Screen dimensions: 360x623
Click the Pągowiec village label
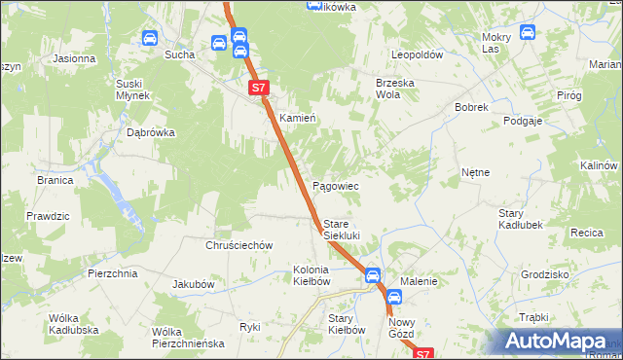click(335, 186)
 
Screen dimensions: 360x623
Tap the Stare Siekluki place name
click(342, 230)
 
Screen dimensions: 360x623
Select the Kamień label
click(298, 118)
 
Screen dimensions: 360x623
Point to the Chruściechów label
click(238, 246)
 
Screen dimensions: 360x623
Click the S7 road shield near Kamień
click(257, 88)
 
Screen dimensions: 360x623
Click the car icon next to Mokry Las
click(528, 32)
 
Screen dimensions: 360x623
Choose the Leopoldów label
click(417, 55)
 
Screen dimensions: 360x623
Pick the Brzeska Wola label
click(395, 90)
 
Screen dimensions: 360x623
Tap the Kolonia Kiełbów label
click(312, 275)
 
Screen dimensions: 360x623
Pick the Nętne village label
click(475, 172)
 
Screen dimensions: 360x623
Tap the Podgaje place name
click(523, 121)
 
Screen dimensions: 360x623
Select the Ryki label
click(249, 327)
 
